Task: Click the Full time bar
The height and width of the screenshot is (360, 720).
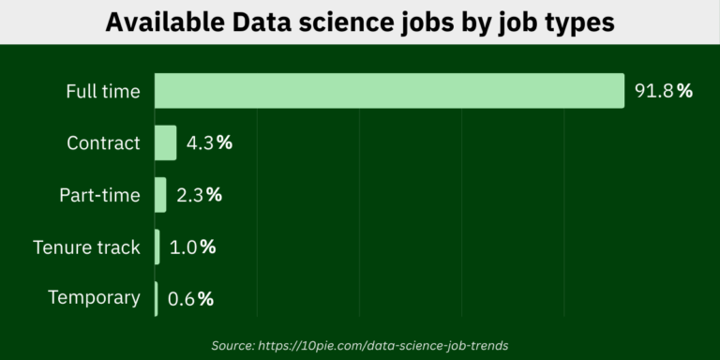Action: click(x=389, y=91)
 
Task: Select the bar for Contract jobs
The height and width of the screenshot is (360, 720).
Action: click(x=165, y=142)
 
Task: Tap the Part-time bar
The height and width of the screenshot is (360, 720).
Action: click(x=160, y=195)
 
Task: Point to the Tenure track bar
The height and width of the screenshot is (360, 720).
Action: click(x=157, y=247)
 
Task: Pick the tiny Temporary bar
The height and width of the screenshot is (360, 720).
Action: click(x=157, y=298)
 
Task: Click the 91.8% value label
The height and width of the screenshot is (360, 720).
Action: click(x=663, y=91)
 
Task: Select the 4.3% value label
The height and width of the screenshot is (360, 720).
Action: click(x=209, y=143)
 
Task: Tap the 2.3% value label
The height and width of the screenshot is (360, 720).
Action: click(x=199, y=195)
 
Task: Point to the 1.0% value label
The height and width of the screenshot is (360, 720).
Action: click(x=192, y=247)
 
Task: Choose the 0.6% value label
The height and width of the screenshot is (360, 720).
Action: click(x=190, y=299)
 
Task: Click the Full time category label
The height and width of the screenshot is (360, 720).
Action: click(x=102, y=91)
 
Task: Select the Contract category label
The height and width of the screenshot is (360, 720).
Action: click(x=103, y=143)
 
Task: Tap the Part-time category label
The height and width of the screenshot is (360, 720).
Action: click(x=99, y=195)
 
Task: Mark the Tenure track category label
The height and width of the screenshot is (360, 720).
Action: click(x=86, y=247)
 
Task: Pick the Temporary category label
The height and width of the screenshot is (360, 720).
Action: click(x=94, y=298)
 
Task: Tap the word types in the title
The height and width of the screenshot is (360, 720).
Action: click(x=578, y=22)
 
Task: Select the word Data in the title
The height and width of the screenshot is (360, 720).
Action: click(x=255, y=22)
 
